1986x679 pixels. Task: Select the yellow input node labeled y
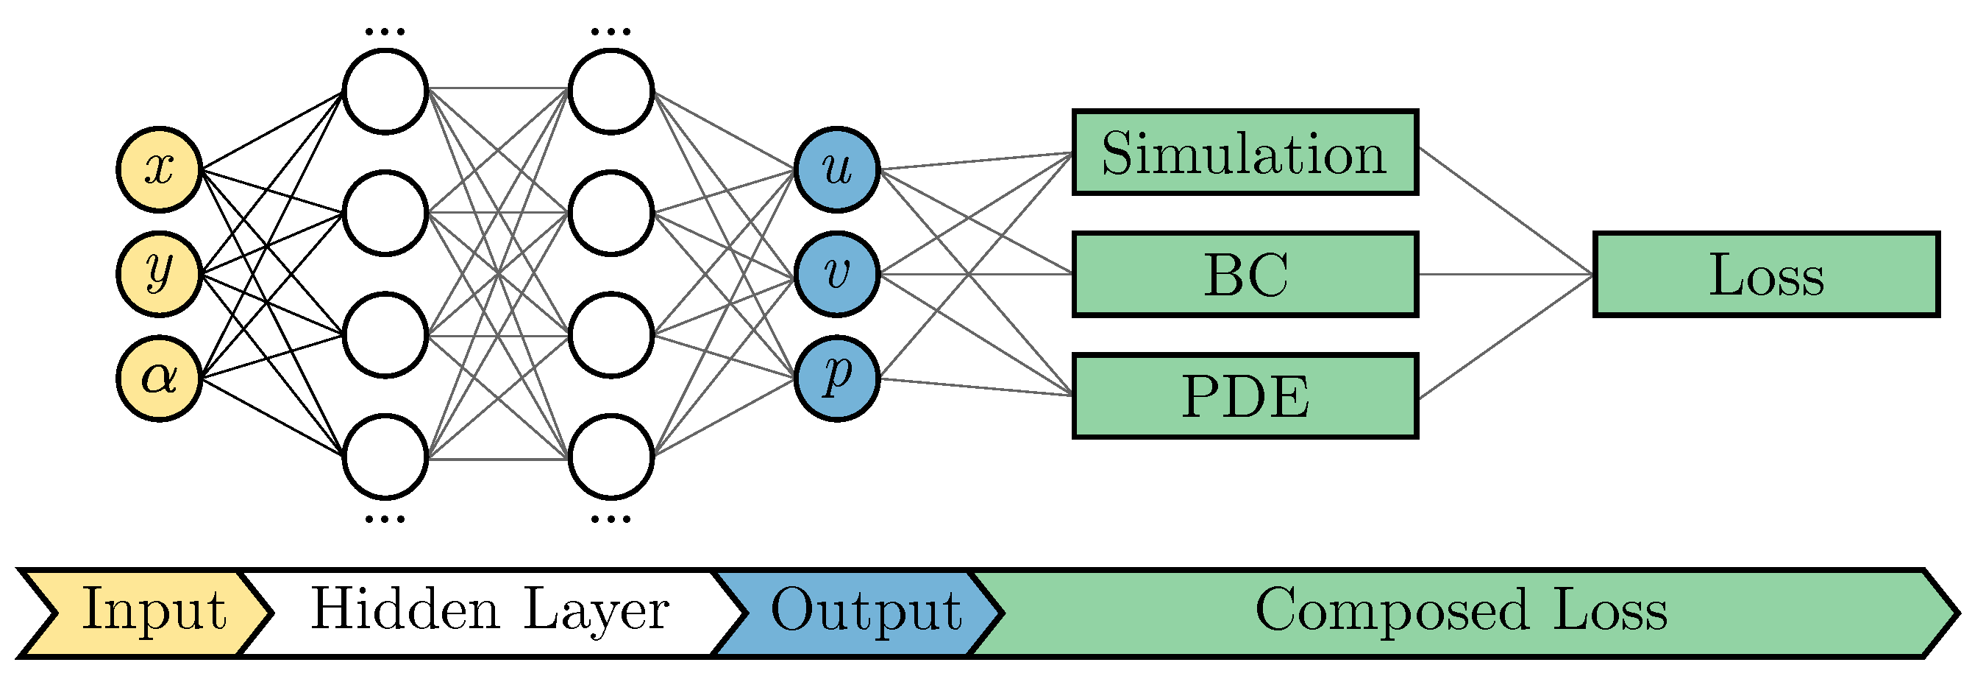tap(160, 274)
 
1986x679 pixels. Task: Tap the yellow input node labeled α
tap(160, 379)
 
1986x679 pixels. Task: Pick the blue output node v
tap(836, 274)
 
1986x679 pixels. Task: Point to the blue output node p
tap(836, 379)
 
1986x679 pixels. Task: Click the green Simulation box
tap(1245, 152)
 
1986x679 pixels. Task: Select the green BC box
tap(1245, 274)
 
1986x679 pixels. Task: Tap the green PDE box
tap(1245, 395)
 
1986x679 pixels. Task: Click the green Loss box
tap(1765, 274)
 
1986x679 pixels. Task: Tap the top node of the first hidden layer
tap(385, 91)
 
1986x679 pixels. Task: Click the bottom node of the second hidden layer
tap(611, 457)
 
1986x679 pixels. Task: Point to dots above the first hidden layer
tap(385, 32)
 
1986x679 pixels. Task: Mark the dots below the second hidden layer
tap(611, 519)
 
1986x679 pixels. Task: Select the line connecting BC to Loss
tap(1503, 274)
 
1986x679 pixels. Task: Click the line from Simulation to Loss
tap(1503, 210)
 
